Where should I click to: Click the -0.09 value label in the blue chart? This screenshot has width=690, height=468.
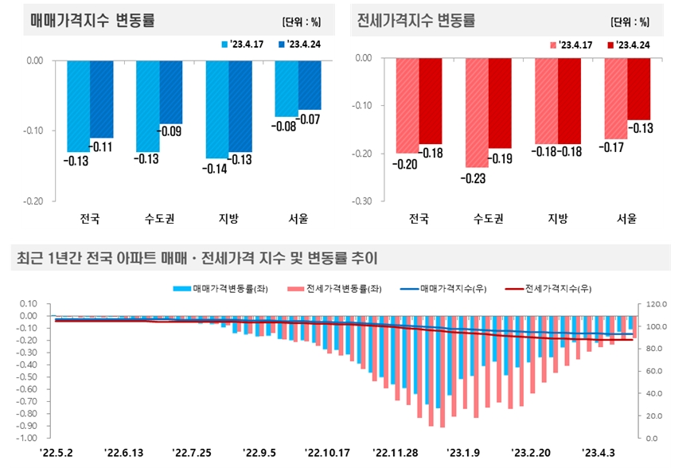pyautogui.click(x=171, y=131)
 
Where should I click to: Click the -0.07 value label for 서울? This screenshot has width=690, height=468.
pyautogui.click(x=310, y=119)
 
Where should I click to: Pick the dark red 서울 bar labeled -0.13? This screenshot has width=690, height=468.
pyautogui.click(x=639, y=88)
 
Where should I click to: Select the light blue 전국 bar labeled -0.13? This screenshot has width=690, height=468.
pyautogui.click(x=78, y=105)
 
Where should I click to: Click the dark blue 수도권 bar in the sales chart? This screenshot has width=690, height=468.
pyautogui.click(x=171, y=91)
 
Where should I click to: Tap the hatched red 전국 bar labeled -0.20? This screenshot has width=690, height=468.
pyautogui.click(x=407, y=105)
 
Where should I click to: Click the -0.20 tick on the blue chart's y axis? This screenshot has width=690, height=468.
pyautogui.click(x=34, y=201)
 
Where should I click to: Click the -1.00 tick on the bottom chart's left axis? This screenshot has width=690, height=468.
pyautogui.click(x=27, y=438)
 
